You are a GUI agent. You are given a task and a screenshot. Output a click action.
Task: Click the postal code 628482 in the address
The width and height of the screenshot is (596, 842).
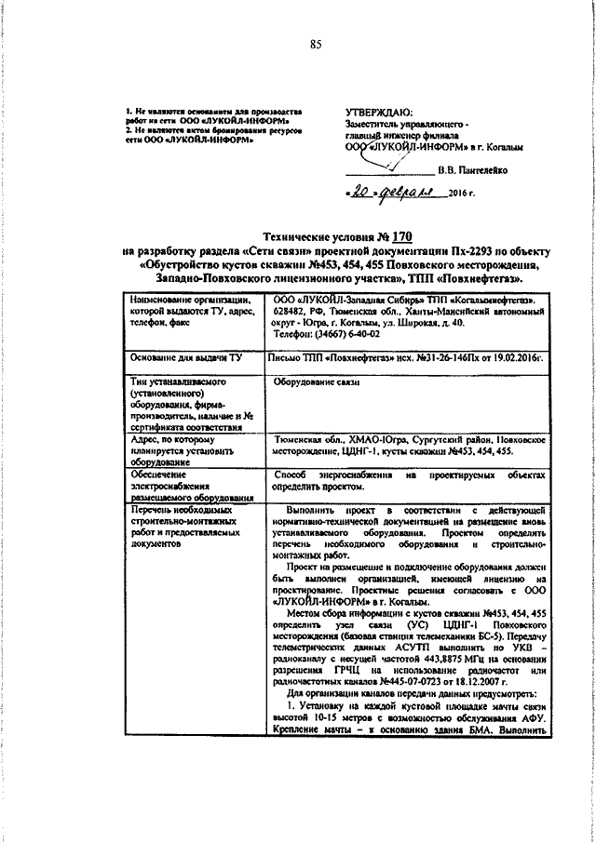click(x=290, y=314)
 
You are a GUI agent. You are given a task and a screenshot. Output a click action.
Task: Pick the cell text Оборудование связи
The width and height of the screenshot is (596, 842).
click(x=311, y=381)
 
